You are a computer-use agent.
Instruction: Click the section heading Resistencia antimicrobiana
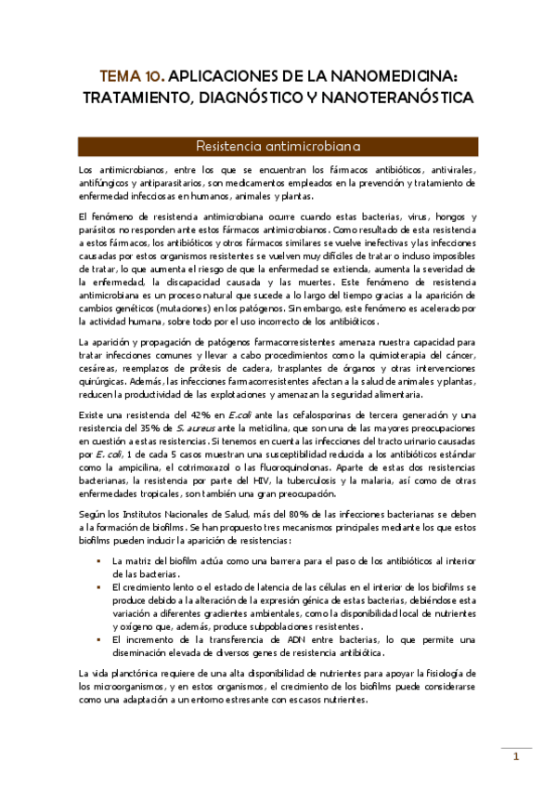[278, 146]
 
